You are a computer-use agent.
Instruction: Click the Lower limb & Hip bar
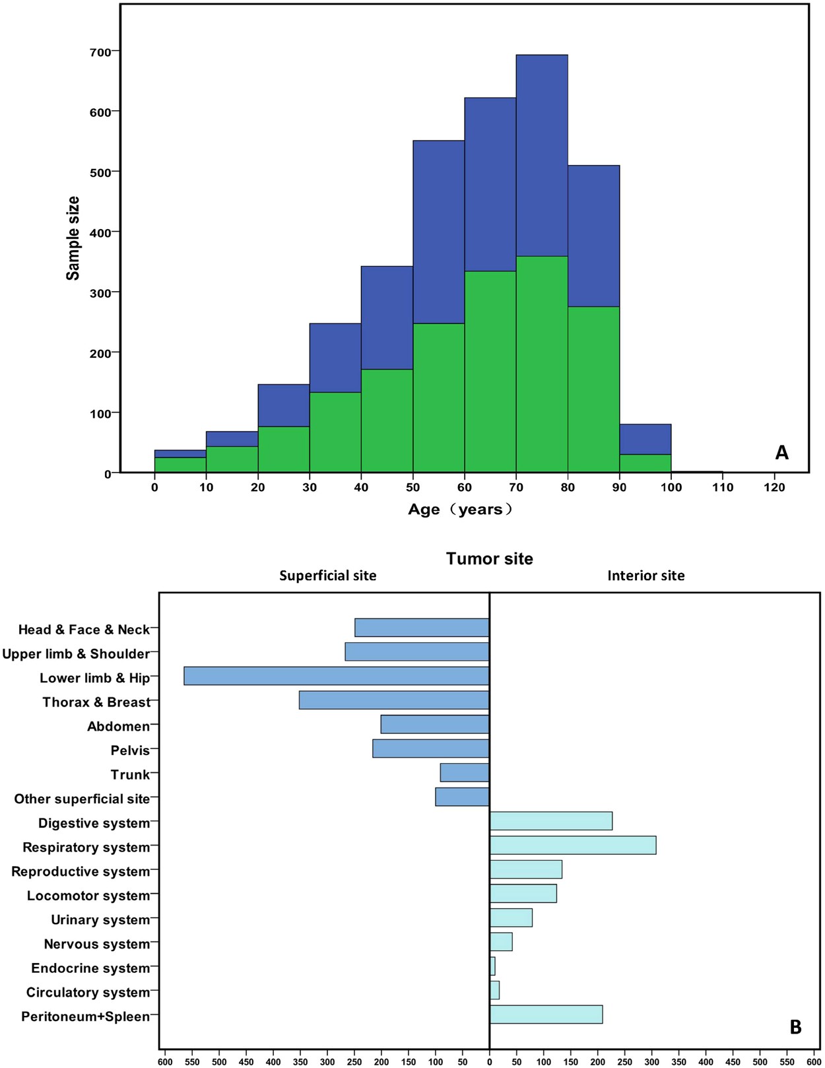337,676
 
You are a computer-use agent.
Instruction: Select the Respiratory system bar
573,845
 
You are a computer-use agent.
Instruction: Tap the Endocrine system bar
492,966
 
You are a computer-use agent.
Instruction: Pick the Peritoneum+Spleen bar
546,1015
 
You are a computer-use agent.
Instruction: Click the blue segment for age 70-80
542,155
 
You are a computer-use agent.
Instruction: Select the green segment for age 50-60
439,398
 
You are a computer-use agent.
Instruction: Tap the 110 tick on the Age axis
723,488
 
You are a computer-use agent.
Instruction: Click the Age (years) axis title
460,510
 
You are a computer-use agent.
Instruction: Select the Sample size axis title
73,238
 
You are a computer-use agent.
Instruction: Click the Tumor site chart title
489,559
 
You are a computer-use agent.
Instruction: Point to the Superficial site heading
327,576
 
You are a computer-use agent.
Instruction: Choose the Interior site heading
645,576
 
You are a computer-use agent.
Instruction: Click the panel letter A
781,453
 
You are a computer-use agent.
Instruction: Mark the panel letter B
795,1027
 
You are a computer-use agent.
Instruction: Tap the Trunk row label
130,775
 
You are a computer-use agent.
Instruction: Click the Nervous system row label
97,945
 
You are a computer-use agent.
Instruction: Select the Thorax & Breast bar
394,700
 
